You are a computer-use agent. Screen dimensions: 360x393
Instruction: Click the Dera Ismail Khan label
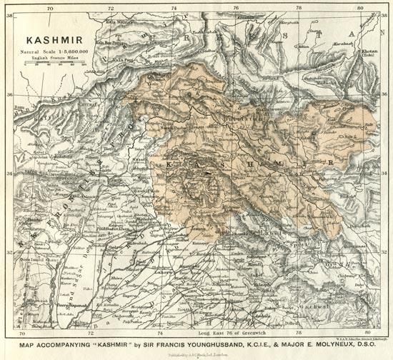(x=41, y=259)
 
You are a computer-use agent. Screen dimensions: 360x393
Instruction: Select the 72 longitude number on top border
(x=109, y=8)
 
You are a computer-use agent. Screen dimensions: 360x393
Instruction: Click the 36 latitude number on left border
(x=9, y=94)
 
